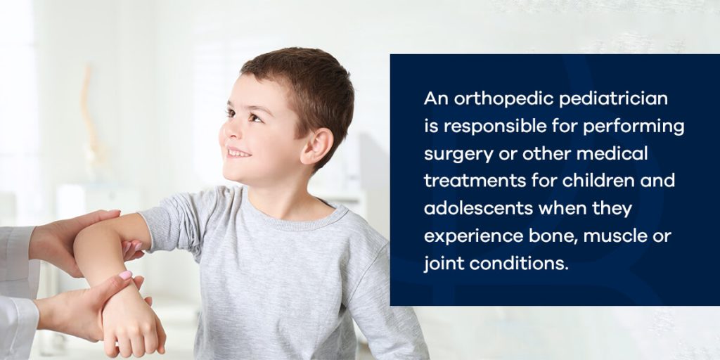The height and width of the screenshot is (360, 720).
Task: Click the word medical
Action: [x=612, y=154]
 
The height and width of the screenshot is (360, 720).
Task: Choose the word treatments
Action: [x=475, y=181]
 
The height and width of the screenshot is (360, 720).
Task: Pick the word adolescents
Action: [x=478, y=208]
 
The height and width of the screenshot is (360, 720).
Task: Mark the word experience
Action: [x=470, y=237]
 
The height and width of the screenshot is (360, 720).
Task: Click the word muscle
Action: [x=617, y=236]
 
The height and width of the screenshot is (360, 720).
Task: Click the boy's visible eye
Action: [x=255, y=117]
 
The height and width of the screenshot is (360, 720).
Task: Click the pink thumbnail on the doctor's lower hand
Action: [x=125, y=275]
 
